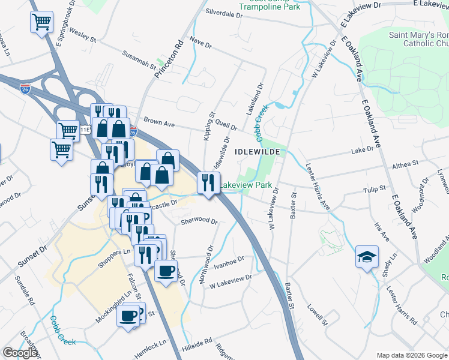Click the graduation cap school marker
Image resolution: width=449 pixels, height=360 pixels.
[367, 256]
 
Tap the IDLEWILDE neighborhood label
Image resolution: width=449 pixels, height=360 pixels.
[257, 152]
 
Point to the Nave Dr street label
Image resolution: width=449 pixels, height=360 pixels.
[200, 45]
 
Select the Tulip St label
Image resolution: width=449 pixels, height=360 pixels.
[374, 190]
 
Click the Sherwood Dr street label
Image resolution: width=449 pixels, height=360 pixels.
[199, 221]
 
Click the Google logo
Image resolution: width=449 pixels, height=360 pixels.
[20, 353]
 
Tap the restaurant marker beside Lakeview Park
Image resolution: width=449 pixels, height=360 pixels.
[208, 182]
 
